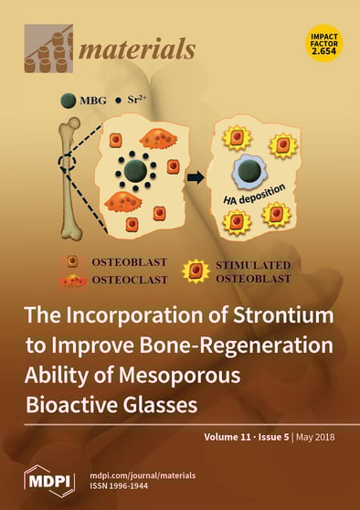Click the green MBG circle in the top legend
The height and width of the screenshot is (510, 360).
tap(68, 101)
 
